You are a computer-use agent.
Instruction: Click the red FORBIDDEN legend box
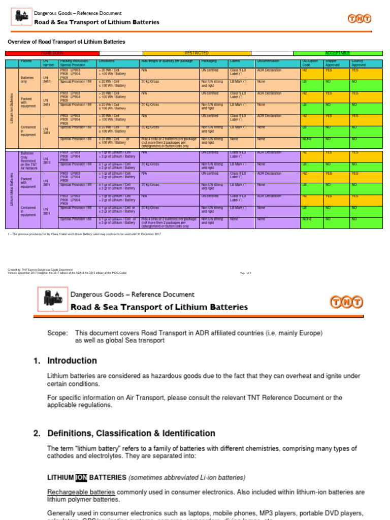click(52, 53)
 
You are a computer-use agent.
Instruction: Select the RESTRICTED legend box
click(197, 53)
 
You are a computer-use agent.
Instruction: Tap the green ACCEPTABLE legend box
click(341, 53)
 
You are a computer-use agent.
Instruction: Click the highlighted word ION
click(81, 477)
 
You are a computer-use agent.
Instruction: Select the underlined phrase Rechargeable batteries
click(81, 492)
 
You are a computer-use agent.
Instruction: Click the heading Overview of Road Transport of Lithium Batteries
click(66, 42)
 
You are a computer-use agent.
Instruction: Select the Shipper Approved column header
click(333, 63)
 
